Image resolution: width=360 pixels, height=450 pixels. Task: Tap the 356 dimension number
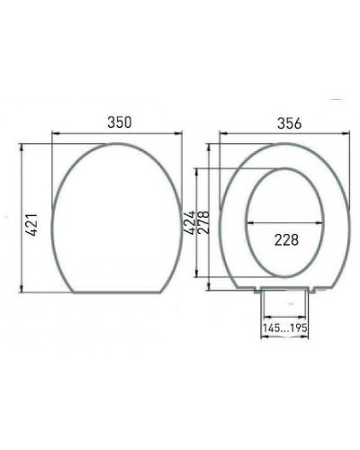288,122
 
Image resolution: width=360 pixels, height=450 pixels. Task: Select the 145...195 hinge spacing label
285,328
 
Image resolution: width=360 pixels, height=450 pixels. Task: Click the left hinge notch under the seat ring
262,291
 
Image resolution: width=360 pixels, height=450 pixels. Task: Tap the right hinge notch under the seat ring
310,291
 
